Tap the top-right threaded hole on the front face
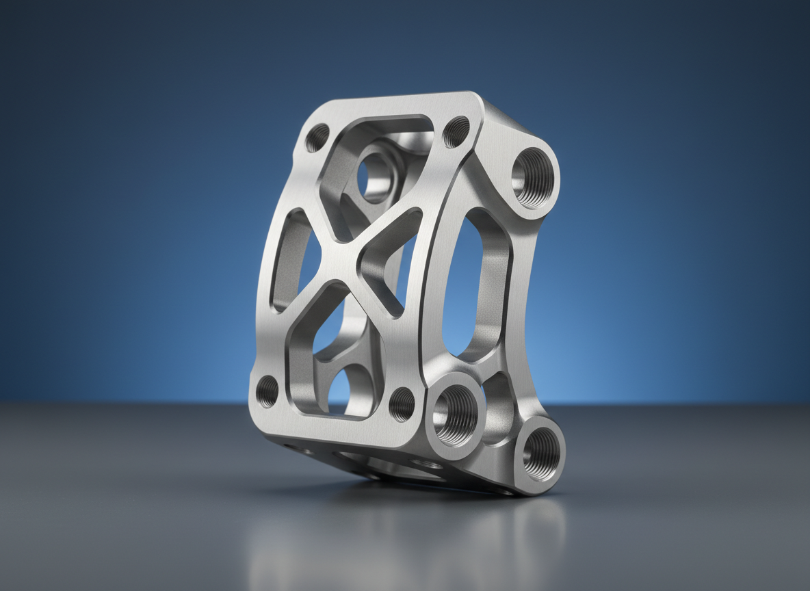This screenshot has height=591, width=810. click(x=456, y=131)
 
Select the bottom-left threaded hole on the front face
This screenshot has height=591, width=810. click(x=267, y=391)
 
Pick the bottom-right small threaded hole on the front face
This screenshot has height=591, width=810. click(x=402, y=404)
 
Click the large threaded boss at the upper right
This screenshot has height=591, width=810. click(x=534, y=176)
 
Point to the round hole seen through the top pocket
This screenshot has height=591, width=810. click(x=374, y=177)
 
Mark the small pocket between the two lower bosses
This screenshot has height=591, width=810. click(x=498, y=404)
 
